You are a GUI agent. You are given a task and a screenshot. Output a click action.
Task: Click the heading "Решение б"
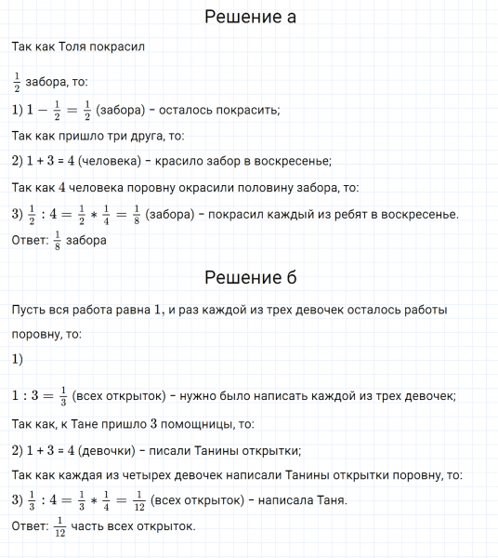tap(249, 276)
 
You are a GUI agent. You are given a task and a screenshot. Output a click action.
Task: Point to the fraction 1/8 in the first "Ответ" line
tap(58, 240)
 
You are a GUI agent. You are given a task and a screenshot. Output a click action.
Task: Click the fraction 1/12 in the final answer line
tap(60, 526)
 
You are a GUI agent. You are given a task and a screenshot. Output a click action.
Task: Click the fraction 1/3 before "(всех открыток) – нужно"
tap(62, 396)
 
